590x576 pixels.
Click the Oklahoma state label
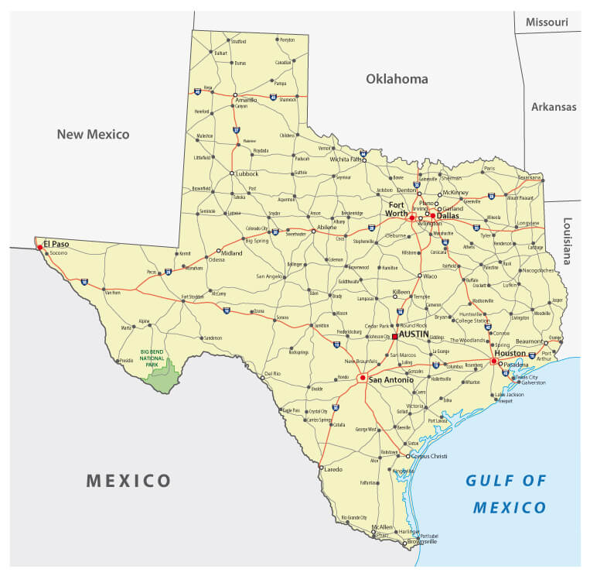(397, 79)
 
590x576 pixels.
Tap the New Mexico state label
(93, 134)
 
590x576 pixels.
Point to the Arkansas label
(554, 107)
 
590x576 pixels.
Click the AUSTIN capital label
(414, 333)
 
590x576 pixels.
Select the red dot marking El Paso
(40, 248)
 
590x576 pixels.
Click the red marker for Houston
(493, 360)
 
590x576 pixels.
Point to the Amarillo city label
(246, 100)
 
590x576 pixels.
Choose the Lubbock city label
(247, 173)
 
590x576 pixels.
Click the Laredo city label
(335, 468)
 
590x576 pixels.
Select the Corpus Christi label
(429, 456)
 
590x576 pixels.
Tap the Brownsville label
(421, 541)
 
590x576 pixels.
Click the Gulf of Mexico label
(506, 494)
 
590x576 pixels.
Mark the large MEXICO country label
(128, 480)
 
